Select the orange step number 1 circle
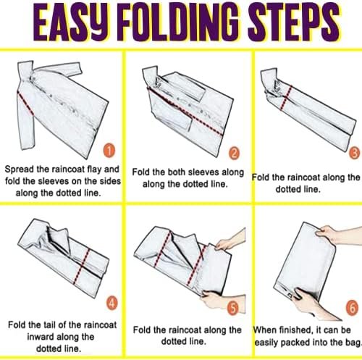click(x=109, y=151)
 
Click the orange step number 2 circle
click(x=234, y=153)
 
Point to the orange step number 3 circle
click(x=355, y=153)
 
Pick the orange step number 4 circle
click(x=111, y=303)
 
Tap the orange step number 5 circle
click(x=233, y=308)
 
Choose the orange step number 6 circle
click(x=353, y=308)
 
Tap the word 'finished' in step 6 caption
click(x=292, y=330)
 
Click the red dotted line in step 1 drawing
click(x=25, y=103)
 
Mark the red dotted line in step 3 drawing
click(x=286, y=98)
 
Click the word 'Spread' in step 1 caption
click(x=19, y=169)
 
